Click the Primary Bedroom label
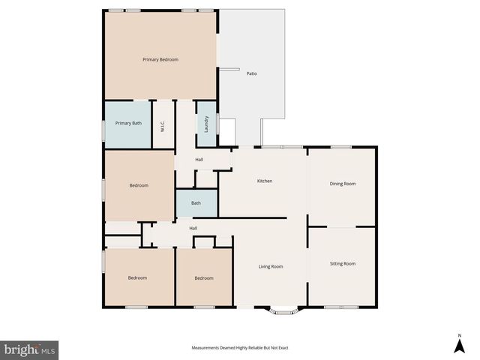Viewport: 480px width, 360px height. click(160, 59)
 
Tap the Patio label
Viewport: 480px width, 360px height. click(253, 73)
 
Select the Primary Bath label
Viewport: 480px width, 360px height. click(127, 123)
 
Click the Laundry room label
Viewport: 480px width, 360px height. click(206, 124)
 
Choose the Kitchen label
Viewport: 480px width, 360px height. click(264, 181)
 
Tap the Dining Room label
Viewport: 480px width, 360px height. click(342, 184)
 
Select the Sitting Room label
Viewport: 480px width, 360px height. click(343, 263)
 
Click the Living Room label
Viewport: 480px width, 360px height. click(270, 266)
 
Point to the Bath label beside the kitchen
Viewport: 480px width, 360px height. click(196, 203)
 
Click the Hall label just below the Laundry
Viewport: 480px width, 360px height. click(199, 160)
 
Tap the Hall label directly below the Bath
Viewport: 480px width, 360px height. click(193, 228)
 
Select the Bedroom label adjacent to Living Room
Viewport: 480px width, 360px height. click(204, 278)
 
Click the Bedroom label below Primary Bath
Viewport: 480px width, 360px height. click(139, 185)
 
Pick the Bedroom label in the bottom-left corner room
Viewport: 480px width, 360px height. click(137, 278)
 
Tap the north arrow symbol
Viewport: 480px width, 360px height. click(458, 346)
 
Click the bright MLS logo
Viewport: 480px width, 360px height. click(29, 349)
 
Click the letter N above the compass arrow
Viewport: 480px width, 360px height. click(458, 334)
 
